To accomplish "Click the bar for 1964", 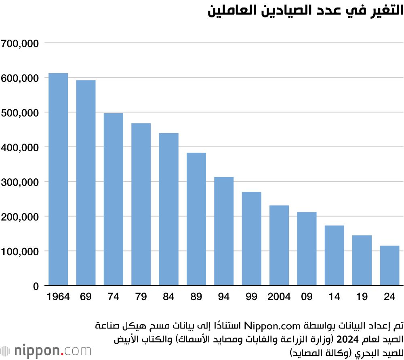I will (58, 180).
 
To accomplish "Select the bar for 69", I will (86, 183).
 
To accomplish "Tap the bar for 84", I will (168, 210).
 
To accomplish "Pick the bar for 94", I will (224, 231).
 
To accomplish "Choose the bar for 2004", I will (279, 246).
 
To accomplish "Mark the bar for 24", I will (389, 266).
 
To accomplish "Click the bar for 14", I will (334, 256).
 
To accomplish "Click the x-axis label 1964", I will (58, 297).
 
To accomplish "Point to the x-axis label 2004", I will (279, 297).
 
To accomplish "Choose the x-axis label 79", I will (141, 297).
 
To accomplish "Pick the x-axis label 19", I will (362, 297).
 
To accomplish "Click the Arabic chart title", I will (305, 11).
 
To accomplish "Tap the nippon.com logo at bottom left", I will (46, 349).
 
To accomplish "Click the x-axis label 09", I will (307, 297).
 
